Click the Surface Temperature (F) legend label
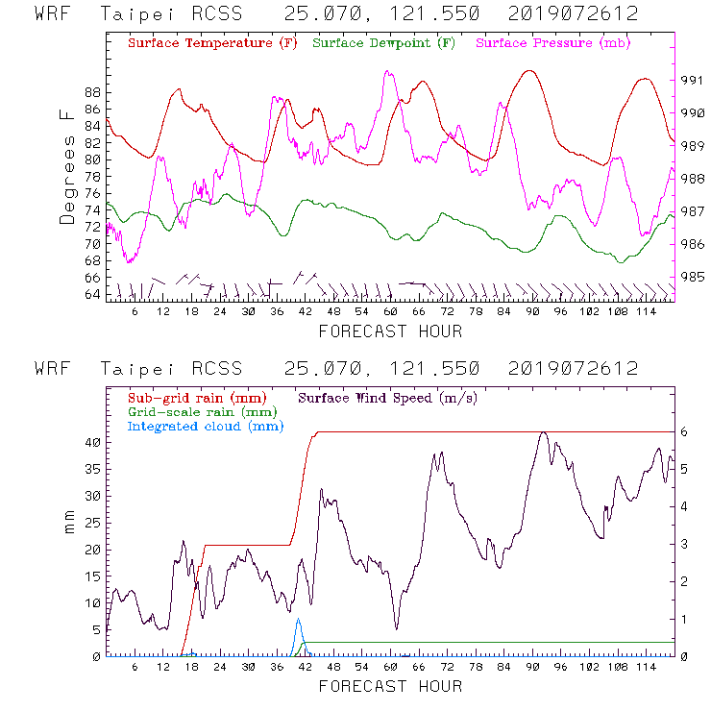click(x=211, y=44)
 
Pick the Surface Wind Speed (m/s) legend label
click(x=389, y=397)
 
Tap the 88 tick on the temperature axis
click(x=92, y=92)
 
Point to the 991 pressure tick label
click(x=693, y=80)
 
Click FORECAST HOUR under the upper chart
click(x=390, y=331)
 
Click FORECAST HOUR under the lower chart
click(x=390, y=686)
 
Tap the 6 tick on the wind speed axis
click(x=684, y=432)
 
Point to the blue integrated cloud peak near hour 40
click(x=298, y=620)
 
